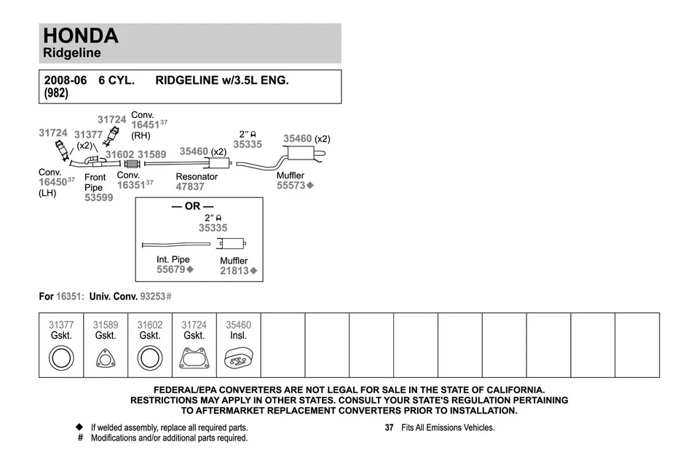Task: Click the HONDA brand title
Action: [80, 36]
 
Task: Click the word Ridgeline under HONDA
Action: [71, 53]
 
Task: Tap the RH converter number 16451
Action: [145, 125]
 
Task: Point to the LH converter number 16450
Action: [52, 182]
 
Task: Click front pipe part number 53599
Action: [98, 197]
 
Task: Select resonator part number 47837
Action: [190, 186]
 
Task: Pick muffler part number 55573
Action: [291, 186]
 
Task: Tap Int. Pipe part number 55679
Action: [171, 269]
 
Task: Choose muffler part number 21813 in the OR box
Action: [234, 271]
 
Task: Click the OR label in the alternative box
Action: [192, 206]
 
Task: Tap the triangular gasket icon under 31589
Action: [106, 360]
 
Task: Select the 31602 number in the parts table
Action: [150, 325]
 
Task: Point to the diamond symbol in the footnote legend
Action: [80, 427]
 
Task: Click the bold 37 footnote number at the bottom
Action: [390, 427]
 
